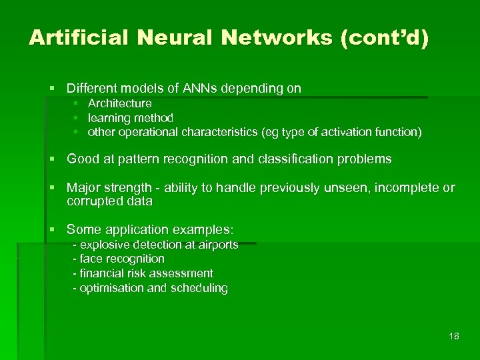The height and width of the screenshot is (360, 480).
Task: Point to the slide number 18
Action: click(x=454, y=336)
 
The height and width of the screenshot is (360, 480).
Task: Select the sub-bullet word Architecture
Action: click(x=120, y=103)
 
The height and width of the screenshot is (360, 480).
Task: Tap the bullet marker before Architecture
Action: click(x=76, y=103)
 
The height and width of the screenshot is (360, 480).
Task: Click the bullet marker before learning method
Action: click(x=76, y=118)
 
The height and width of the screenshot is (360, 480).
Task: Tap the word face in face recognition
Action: click(x=91, y=259)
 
